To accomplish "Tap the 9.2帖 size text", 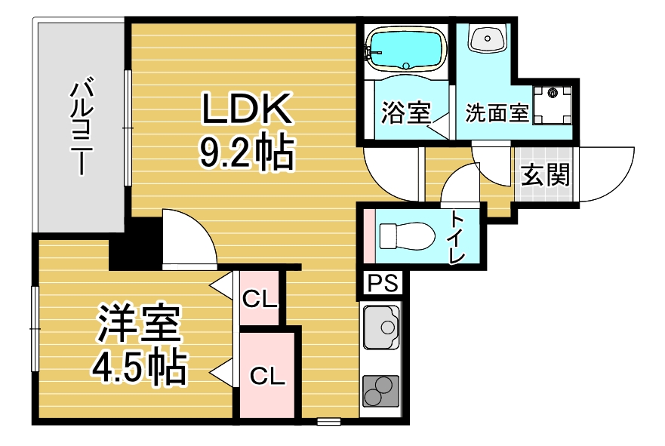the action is pyautogui.click(x=246, y=152).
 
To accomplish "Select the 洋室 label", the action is pyautogui.click(x=139, y=323).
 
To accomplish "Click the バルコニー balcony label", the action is pyautogui.click(x=82, y=126).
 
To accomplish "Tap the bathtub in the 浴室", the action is pyautogui.click(x=406, y=50).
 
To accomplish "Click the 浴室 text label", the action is pyautogui.click(x=406, y=112).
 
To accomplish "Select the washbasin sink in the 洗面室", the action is pyautogui.click(x=488, y=37).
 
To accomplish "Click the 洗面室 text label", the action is pyautogui.click(x=497, y=112).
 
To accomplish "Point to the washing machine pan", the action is pyautogui.click(x=553, y=105).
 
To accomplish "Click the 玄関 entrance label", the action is pyautogui.click(x=545, y=174).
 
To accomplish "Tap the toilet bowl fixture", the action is pyautogui.click(x=407, y=235).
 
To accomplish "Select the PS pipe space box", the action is pyautogui.click(x=383, y=283).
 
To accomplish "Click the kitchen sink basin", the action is pyautogui.click(x=381, y=327).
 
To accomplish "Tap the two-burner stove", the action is pyautogui.click(x=381, y=390).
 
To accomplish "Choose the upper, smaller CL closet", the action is pyautogui.click(x=260, y=299).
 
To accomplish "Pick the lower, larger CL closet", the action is pyautogui.click(x=267, y=375).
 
